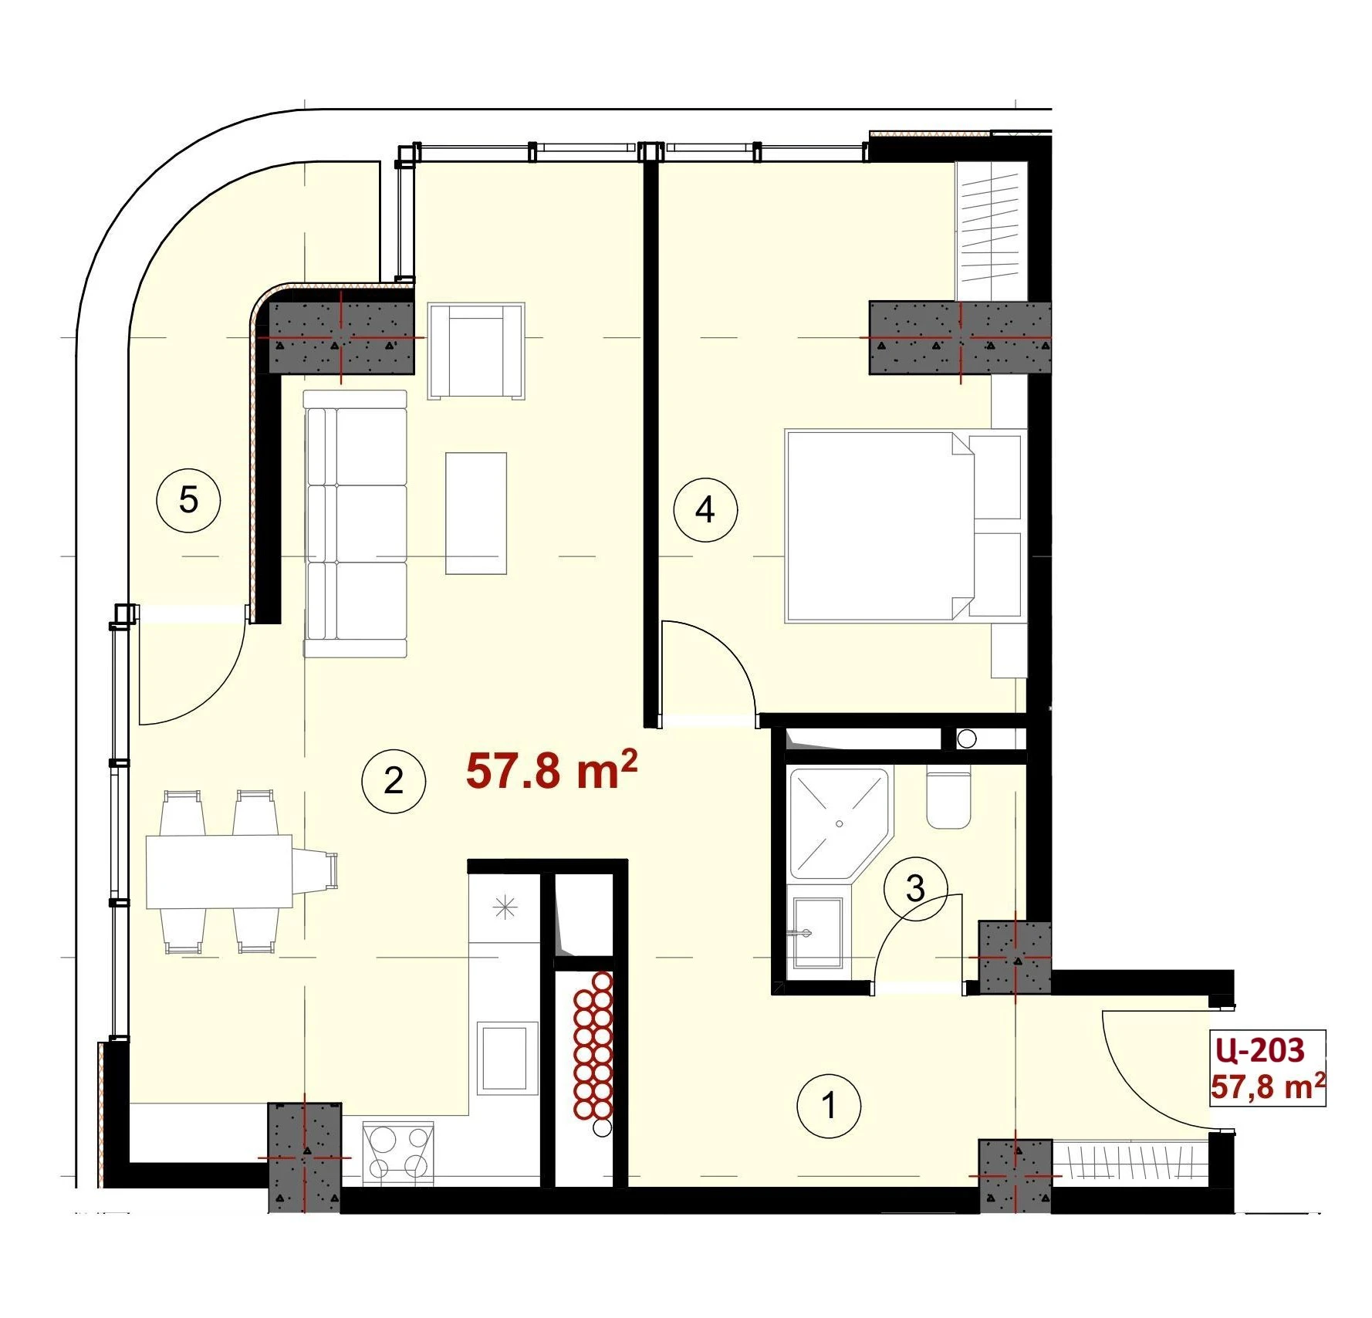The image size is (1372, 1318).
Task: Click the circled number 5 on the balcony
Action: [x=188, y=501]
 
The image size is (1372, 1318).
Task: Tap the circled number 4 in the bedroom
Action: [x=705, y=510]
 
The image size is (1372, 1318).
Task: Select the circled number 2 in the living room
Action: [x=394, y=781]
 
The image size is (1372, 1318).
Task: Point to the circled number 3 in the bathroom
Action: [x=915, y=889]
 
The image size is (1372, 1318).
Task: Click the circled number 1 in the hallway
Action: [x=829, y=1106]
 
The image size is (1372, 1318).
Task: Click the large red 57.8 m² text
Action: [x=552, y=771]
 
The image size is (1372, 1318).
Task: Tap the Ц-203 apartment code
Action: [x=1259, y=1050]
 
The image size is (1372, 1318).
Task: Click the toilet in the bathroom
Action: [x=947, y=800]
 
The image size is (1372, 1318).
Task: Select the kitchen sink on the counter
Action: [x=507, y=1056]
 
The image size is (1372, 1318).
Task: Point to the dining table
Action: [x=220, y=871]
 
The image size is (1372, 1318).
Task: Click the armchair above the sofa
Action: [x=477, y=351]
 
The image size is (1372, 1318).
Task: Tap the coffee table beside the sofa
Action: [x=476, y=513]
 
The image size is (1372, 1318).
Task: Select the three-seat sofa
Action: [x=355, y=524]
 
